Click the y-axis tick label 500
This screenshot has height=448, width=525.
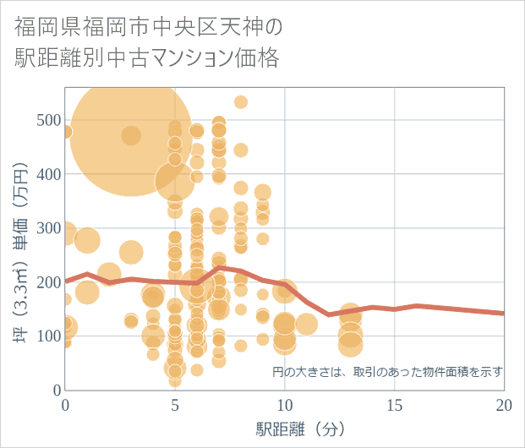[x=48, y=120]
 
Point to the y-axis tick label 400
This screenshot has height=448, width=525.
[x=48, y=174]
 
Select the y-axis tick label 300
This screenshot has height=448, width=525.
[x=48, y=228]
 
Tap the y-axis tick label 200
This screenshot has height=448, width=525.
[x=48, y=282]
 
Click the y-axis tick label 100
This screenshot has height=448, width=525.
[x=48, y=336]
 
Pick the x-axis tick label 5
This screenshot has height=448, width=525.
[x=175, y=405]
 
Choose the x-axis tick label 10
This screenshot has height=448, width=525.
[x=285, y=405]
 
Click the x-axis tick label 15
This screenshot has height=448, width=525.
[x=395, y=405]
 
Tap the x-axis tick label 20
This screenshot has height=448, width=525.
[x=504, y=405]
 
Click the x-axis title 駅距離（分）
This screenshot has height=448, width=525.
[x=301, y=429]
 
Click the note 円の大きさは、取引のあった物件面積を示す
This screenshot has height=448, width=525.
[x=388, y=371]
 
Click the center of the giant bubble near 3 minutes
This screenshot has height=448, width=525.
[x=131, y=135]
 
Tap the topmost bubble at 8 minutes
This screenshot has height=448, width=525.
[x=241, y=102]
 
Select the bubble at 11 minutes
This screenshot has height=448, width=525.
[x=307, y=324]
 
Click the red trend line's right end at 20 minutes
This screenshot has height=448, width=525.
[x=504, y=314]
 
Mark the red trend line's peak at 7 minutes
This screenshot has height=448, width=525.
[x=219, y=267]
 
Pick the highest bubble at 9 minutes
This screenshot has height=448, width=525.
[x=263, y=193]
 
